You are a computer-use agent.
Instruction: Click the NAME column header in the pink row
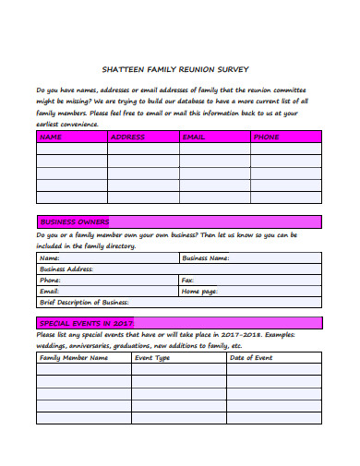click(x=51, y=137)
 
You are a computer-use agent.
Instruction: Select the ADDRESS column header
click(x=127, y=137)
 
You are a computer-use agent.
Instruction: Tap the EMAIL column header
click(x=194, y=137)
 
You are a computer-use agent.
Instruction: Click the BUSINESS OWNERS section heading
click(x=74, y=222)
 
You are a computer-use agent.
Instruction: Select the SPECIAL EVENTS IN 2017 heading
click(x=87, y=323)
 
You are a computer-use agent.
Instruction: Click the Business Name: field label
click(x=205, y=258)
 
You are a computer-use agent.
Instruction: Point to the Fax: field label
click(x=188, y=280)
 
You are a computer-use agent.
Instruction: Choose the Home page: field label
click(x=199, y=291)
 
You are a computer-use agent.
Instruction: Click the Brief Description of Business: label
click(x=84, y=302)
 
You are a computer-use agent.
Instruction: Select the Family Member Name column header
click(x=74, y=357)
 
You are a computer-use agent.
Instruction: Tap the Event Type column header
click(x=152, y=357)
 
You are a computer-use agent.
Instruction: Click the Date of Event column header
click(x=250, y=357)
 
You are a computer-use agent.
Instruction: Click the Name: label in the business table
click(x=50, y=258)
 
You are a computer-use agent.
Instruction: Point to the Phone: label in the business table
click(x=51, y=280)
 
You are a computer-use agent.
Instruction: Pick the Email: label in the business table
click(x=50, y=291)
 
